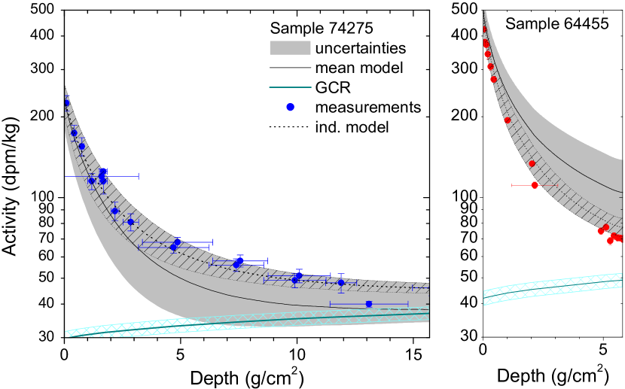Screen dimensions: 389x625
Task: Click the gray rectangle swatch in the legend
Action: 290,48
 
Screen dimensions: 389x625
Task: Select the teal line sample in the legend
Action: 290,87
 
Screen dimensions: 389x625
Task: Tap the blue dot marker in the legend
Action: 290,107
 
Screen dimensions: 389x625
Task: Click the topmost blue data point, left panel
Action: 66,103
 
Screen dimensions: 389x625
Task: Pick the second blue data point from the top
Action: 74,133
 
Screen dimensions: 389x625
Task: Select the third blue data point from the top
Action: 81,147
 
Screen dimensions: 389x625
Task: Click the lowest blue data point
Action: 368,304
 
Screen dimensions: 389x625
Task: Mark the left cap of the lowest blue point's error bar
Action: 331,304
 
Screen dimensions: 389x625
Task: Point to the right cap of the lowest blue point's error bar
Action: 408,304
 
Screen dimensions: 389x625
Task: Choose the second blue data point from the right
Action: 341,283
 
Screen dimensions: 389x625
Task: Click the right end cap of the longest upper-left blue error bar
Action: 139,176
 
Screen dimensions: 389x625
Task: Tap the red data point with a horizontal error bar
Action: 535,185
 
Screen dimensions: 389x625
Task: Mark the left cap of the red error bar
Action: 512,185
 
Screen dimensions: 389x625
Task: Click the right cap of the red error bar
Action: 557,185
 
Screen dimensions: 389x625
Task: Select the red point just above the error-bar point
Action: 532,163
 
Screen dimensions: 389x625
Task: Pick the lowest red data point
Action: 610,242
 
